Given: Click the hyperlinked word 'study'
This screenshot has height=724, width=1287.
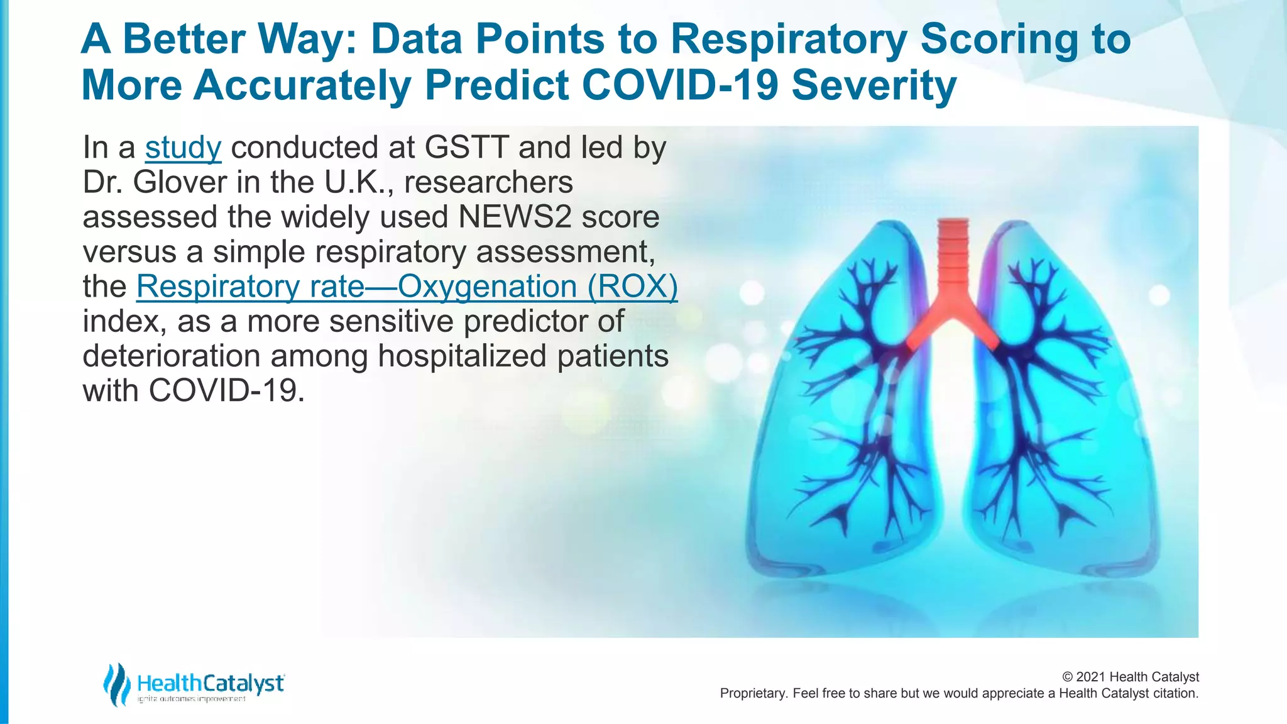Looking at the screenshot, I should (x=183, y=148).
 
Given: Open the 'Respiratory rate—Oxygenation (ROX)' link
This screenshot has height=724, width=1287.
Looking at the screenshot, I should (x=407, y=287).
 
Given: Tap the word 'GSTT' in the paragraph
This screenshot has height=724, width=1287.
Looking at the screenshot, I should (x=466, y=148).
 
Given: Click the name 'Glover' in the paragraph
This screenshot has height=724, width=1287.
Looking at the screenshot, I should (x=180, y=183).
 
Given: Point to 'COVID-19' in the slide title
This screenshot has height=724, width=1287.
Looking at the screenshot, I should (x=681, y=85).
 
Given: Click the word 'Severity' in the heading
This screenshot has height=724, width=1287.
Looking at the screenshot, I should (x=874, y=85).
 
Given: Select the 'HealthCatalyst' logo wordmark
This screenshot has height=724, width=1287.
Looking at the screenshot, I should (x=211, y=683).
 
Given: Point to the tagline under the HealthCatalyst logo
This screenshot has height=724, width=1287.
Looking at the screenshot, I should (x=191, y=699).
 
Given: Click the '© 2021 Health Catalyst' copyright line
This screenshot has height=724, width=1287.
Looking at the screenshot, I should (x=1130, y=677).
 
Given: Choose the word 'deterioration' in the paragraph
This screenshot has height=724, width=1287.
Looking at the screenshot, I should (x=172, y=356).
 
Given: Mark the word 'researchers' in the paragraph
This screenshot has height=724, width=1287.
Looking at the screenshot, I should (x=488, y=183).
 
